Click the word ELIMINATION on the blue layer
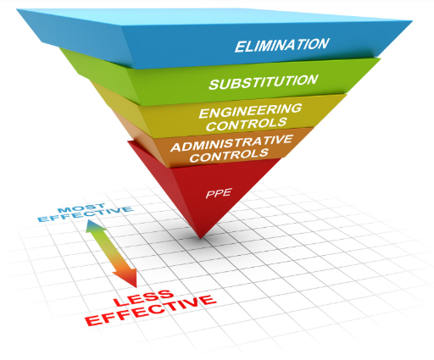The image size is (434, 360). click(281, 45)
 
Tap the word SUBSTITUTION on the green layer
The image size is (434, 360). click(264, 82)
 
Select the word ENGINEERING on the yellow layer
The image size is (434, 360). click(250, 111)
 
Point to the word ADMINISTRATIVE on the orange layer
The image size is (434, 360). click(231, 143)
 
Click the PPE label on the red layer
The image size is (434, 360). click(219, 193)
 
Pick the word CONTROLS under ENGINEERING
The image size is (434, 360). click(247, 125)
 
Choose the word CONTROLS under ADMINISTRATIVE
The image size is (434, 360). click(229, 156)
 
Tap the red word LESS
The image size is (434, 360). click(143, 298)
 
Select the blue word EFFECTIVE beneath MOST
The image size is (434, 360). click(86, 214)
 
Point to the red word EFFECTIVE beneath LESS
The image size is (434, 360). click(151, 310)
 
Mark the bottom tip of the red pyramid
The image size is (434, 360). click(200, 239)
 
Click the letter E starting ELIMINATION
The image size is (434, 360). click(240, 47)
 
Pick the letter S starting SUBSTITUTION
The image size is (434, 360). click(214, 85)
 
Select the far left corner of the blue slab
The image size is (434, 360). click(17, 9)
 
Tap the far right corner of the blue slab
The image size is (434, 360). click(412, 21)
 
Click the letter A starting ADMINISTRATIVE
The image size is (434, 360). click(175, 147)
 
